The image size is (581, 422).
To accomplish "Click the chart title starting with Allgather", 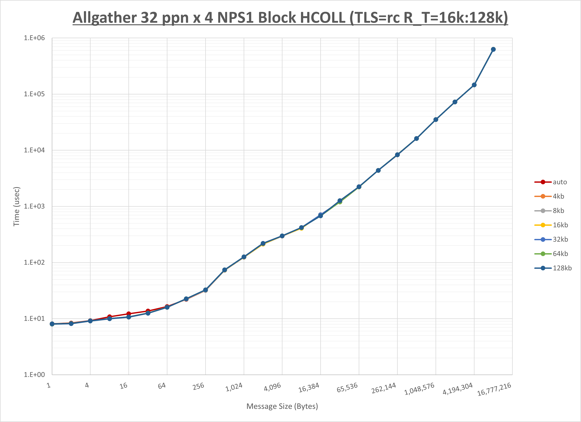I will [x=290, y=18].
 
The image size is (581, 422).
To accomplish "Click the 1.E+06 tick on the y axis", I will [x=34, y=38].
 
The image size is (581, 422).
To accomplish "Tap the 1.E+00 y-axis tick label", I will [x=34, y=375].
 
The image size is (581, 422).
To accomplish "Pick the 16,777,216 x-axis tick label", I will [x=494, y=389].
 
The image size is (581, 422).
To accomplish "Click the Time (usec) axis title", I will [x=16, y=206].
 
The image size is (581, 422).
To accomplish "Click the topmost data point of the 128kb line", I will [x=493, y=49].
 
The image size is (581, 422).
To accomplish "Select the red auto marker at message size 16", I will [x=129, y=314].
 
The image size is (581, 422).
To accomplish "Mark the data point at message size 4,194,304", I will [x=474, y=85].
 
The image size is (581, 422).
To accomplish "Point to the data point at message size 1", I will [x=52, y=324].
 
